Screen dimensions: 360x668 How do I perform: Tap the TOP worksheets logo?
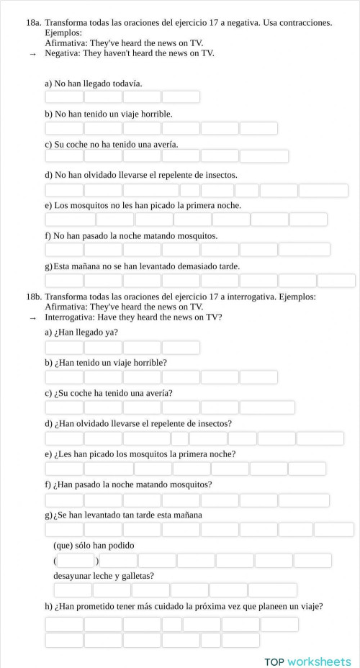pos(307,662)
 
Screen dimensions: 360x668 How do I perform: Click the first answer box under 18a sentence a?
pos(64,97)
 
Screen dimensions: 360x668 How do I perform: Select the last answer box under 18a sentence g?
pos(336,281)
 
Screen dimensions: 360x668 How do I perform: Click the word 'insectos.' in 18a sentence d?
pos(217,175)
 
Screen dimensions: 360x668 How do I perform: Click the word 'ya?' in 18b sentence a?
pos(112,332)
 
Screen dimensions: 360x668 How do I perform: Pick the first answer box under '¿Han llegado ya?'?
pos(64,348)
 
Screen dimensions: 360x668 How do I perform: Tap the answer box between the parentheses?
pos(76,560)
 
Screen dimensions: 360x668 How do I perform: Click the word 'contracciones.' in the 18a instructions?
pos(303,23)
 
